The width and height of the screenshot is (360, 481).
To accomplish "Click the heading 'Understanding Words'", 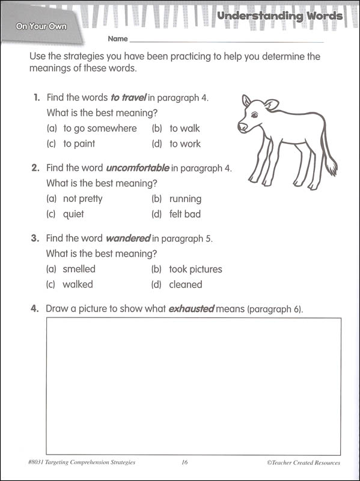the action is coord(279,16).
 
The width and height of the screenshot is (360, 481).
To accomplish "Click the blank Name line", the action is coord(227,41).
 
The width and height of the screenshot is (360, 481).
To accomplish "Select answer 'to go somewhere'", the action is coord(100,128).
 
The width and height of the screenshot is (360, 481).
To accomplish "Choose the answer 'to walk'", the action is coord(185,128).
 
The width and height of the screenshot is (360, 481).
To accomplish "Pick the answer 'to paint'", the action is coord(79,144).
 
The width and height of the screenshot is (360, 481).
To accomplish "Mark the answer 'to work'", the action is coord(185,144).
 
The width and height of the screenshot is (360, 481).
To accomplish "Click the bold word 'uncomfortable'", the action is coord(138,168).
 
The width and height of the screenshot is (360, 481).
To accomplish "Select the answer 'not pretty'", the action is coord(82,198).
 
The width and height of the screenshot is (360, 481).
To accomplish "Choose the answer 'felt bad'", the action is coord(185,214).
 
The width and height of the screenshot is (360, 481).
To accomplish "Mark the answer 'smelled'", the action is coord(79,269).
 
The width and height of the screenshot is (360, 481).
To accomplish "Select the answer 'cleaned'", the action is coord(186,284).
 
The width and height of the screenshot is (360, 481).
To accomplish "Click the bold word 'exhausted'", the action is coord(191,309).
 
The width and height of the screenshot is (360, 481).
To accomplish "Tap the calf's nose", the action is coord(240,127).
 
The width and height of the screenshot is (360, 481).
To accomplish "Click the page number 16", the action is coord(185,462).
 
